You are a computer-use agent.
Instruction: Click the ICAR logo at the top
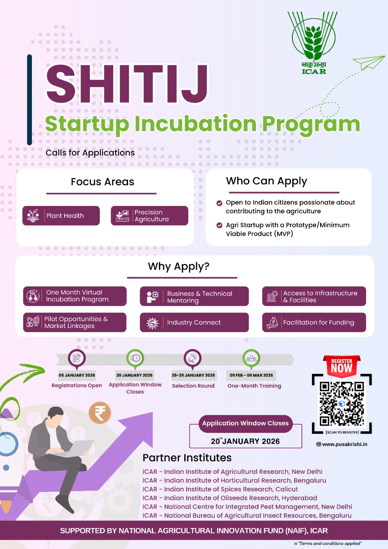click(313, 43)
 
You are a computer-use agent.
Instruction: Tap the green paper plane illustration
click(369, 62)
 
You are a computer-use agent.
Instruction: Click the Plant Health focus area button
click(61, 215)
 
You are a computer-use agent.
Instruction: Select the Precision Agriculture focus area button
click(149, 215)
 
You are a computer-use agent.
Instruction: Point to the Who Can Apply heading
click(266, 181)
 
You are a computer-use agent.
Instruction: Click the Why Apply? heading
click(178, 266)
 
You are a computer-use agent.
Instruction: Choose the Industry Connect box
click(194, 322)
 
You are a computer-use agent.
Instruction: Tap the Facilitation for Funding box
click(314, 322)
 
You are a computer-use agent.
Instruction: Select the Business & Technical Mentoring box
click(194, 296)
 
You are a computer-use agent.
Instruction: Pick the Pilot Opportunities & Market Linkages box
click(74, 322)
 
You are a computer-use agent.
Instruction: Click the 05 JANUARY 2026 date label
click(77, 375)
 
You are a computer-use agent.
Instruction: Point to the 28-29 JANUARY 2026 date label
click(193, 375)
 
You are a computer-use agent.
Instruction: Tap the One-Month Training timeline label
click(254, 386)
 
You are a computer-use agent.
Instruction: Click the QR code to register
click(342, 404)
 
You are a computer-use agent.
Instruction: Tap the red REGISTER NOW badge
click(342, 366)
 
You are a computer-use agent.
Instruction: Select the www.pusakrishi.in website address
click(344, 444)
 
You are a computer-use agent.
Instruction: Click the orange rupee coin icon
click(100, 413)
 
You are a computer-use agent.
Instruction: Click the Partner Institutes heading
click(187, 458)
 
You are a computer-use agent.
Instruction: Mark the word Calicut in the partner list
click(286, 489)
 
